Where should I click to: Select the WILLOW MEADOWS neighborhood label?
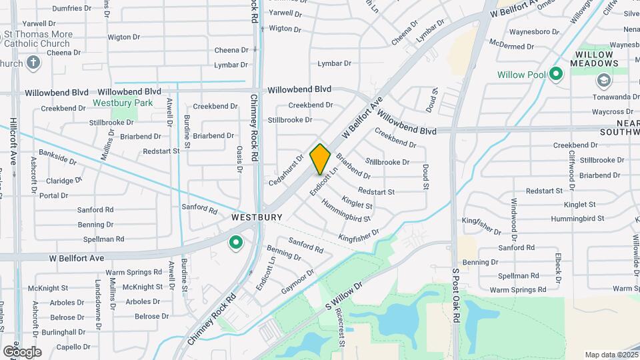(594, 59)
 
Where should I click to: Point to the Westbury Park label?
(123, 103)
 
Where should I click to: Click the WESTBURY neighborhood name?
(257, 217)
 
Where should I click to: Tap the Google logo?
(22, 351)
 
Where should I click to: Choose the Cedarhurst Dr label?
(286, 169)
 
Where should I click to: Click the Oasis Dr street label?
(239, 159)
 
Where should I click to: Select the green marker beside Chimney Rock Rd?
(235, 243)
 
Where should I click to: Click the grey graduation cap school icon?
(603, 81)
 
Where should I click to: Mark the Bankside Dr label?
(57, 159)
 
